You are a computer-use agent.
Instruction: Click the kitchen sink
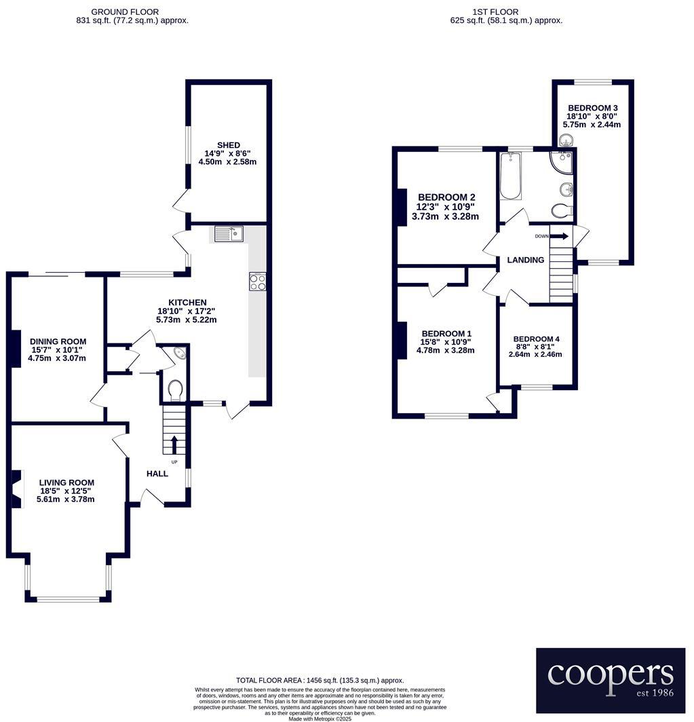229,234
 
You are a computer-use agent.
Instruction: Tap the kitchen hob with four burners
257,281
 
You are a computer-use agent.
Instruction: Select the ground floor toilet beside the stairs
175,391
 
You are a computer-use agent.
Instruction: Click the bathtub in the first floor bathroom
510,176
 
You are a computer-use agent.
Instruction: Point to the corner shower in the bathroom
563,161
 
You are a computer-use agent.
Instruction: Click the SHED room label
227,145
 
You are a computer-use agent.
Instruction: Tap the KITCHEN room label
187,303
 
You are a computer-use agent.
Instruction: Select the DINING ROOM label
58,341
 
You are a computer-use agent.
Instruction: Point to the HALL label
157,474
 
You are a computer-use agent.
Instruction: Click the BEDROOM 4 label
536,339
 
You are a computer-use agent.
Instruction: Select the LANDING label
526,260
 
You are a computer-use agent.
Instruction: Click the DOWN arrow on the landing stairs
560,236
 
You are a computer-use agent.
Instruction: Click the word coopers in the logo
610,674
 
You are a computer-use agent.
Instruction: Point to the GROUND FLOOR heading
125,12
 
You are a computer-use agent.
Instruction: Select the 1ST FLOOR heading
495,12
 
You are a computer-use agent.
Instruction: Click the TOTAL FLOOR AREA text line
320,680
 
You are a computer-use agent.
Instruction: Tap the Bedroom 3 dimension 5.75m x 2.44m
592,125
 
